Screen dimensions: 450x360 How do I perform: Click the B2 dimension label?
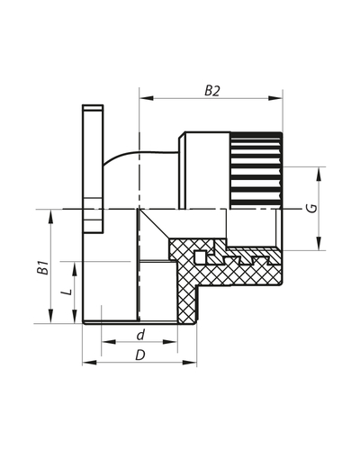[x=212, y=90]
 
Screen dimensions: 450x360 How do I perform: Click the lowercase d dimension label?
[x=139, y=336]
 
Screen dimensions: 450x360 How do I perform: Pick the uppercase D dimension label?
[x=139, y=355]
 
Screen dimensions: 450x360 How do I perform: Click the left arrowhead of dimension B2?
[x=144, y=99]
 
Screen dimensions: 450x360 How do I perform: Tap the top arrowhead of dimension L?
[x=72, y=265]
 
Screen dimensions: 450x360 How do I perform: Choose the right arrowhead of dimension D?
[x=191, y=363]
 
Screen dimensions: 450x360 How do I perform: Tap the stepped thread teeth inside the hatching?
[x=238, y=260]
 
